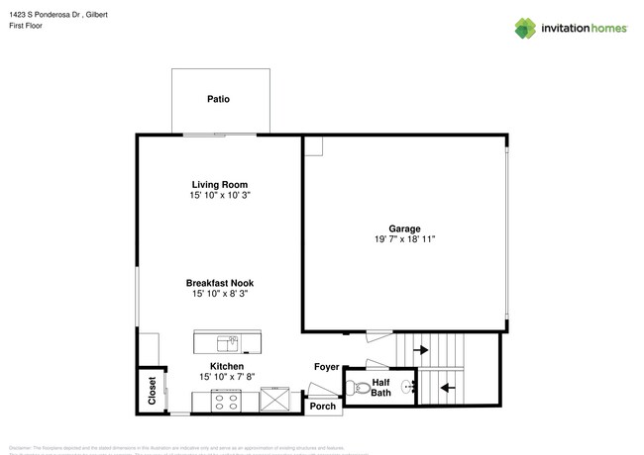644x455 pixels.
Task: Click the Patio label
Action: click(x=219, y=99)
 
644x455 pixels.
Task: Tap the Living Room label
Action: click(x=219, y=184)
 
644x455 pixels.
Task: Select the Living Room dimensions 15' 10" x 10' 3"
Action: click(x=219, y=196)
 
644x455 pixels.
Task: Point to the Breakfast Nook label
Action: click(x=219, y=282)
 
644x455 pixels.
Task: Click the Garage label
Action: click(x=403, y=228)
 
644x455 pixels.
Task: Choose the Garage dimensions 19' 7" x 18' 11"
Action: click(x=403, y=239)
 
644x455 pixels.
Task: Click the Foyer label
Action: click(x=326, y=367)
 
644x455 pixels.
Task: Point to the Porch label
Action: click(x=323, y=406)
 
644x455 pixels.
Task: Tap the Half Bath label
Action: click(x=380, y=389)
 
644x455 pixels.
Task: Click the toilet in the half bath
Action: click(x=361, y=387)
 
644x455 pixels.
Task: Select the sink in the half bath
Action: click(x=404, y=387)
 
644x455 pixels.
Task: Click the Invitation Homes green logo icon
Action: click(x=525, y=28)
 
